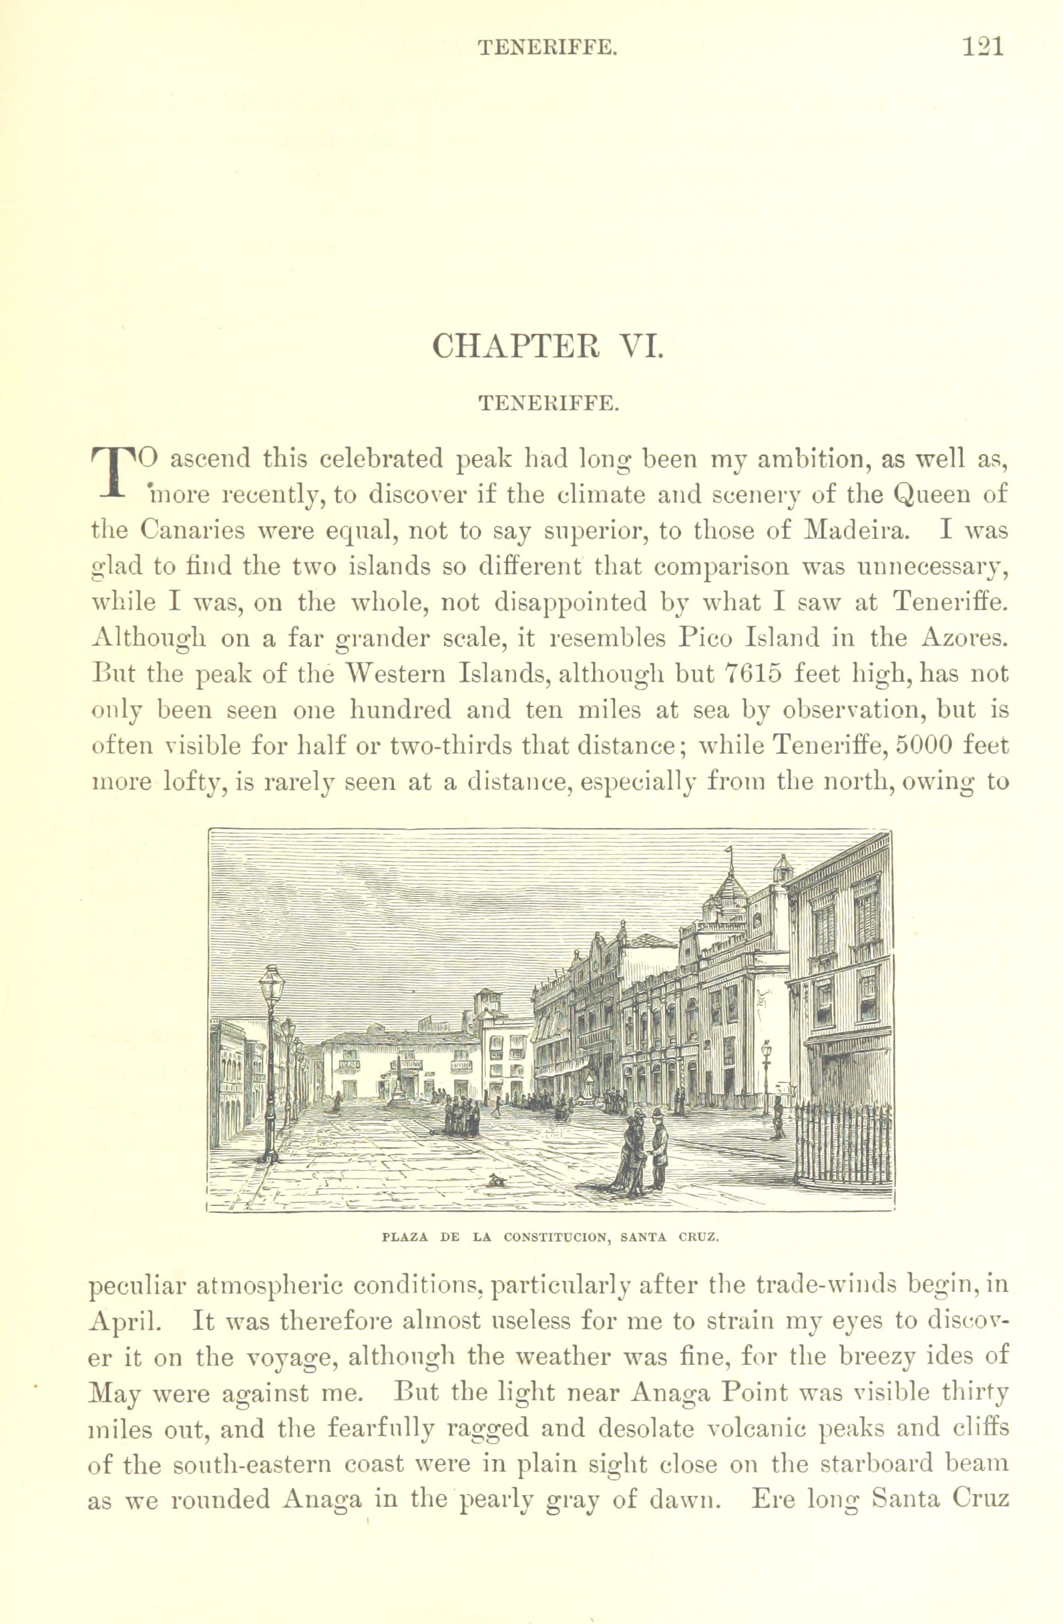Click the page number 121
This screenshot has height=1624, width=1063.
click(x=982, y=46)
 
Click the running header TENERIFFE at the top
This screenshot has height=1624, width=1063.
click(x=548, y=47)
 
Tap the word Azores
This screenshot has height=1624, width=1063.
click(x=963, y=637)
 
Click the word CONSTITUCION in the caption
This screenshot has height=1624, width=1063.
click(x=556, y=1237)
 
